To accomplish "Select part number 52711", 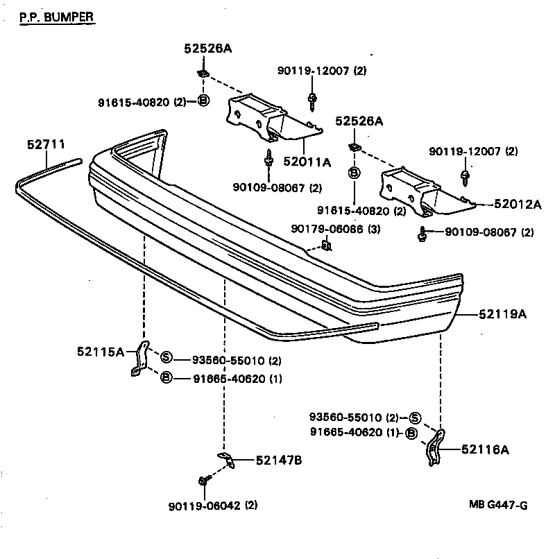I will (x=46, y=145).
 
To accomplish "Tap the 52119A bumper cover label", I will (x=502, y=314).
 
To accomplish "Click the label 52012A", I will (x=517, y=204).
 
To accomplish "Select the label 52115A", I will (x=101, y=352).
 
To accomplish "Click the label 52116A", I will (x=485, y=449).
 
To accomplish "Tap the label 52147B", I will (x=278, y=461).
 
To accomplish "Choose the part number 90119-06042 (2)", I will (x=213, y=506).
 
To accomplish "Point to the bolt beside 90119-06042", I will (x=202, y=480).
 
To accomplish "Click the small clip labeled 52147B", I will (x=227, y=457).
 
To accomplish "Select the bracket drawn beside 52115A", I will (x=139, y=359).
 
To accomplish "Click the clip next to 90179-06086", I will (x=327, y=244).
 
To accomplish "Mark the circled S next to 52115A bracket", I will (x=166, y=358).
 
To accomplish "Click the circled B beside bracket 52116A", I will (x=411, y=433).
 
